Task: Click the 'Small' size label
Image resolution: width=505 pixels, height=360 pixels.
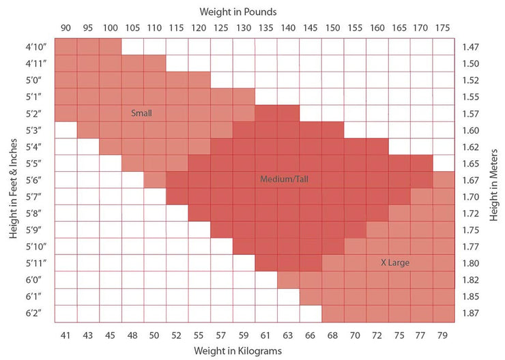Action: [141, 113]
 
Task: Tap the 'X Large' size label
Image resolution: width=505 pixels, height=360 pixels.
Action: [394, 262]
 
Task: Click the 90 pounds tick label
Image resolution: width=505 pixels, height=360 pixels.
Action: [66, 28]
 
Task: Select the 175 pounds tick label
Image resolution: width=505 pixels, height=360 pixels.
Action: [444, 28]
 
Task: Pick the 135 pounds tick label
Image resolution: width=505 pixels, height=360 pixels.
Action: [265, 28]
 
